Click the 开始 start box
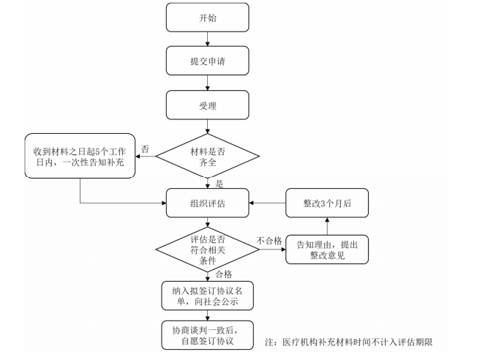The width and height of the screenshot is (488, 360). [208, 18]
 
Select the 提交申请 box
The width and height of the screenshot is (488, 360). [208, 61]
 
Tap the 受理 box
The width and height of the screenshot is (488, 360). [208, 105]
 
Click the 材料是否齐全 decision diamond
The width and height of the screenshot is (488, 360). [208, 156]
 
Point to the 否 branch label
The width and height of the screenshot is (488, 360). [145, 149]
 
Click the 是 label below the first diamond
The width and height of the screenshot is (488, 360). [219, 184]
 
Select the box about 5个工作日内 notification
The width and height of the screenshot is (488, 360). [80, 156]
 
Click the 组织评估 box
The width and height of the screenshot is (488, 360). [208, 203]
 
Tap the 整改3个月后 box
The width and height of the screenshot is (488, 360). [327, 203]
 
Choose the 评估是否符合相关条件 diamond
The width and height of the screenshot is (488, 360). [208, 250]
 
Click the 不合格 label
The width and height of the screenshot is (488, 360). [269, 241]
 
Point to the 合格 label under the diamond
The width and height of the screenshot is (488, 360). [224, 274]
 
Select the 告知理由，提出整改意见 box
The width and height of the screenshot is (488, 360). [327, 250]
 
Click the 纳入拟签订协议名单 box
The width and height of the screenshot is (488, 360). [208, 296]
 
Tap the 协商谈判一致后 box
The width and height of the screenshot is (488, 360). [208, 335]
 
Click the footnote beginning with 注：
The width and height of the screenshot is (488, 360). [348, 342]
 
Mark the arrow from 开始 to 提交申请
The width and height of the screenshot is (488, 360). [208, 39]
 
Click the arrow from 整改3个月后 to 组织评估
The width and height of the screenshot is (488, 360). [267, 203]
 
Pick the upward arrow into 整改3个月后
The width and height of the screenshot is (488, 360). [327, 226]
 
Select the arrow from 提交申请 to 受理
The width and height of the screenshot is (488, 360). [208, 83]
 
